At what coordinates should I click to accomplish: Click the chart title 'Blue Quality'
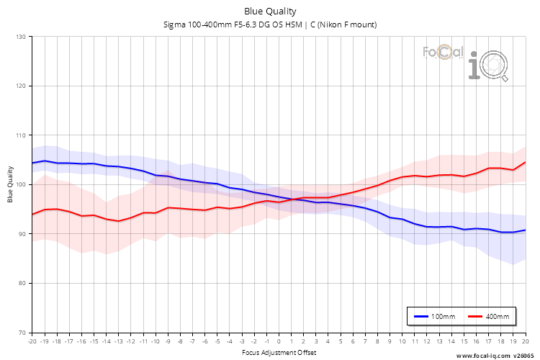pyautogui.click(x=270, y=11)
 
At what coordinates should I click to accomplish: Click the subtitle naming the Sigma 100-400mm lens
pyautogui.click(x=270, y=24)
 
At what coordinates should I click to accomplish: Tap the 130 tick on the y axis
pyautogui.click(x=21, y=37)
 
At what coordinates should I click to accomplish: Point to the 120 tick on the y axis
pyautogui.click(x=21, y=86)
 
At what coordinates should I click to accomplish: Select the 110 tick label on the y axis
pyautogui.click(x=21, y=135)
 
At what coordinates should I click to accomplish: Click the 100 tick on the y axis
pyautogui.click(x=21, y=185)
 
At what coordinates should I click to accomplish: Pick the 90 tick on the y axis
pyautogui.click(x=22, y=234)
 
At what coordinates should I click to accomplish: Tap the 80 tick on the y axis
pyautogui.click(x=22, y=284)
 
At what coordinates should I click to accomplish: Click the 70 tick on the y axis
pyautogui.click(x=22, y=333)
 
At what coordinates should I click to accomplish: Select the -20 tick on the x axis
pyautogui.click(x=32, y=341)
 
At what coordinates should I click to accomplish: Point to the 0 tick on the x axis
pyautogui.click(x=279, y=341)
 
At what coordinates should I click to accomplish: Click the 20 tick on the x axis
pyautogui.click(x=526, y=341)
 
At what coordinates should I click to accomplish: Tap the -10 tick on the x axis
pyautogui.click(x=155, y=341)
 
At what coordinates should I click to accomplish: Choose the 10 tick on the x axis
pyautogui.click(x=402, y=341)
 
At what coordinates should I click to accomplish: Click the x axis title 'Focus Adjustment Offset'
pyautogui.click(x=279, y=352)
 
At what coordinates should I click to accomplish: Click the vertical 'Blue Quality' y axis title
pyautogui.click(x=10, y=184)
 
